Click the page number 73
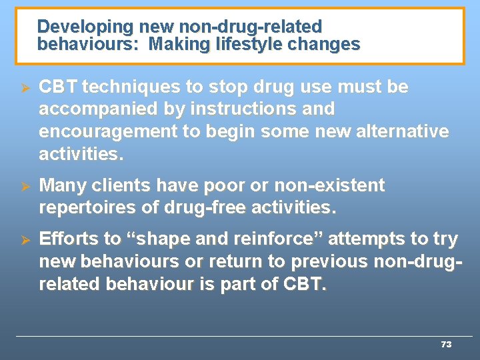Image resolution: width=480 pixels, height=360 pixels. [446, 344]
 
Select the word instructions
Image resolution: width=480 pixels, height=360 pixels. [240, 109]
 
